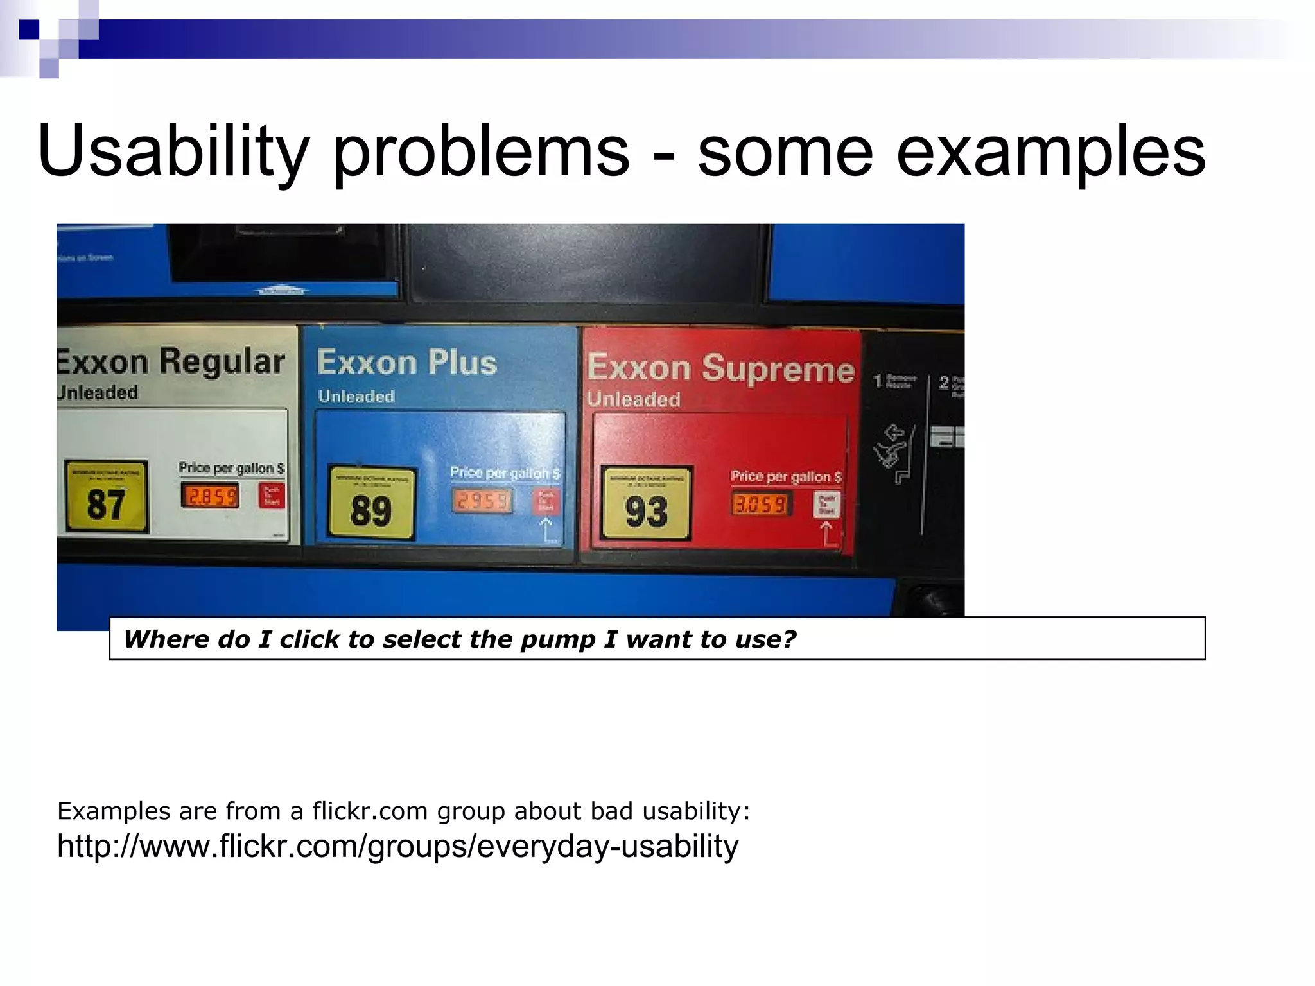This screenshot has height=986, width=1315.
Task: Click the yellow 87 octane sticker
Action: pyautogui.click(x=107, y=496)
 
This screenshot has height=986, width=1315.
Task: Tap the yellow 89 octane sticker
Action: pyautogui.click(x=371, y=503)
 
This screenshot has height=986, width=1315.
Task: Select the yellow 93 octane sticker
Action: pyautogui.click(x=646, y=503)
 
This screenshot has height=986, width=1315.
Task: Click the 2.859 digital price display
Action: pyautogui.click(x=209, y=496)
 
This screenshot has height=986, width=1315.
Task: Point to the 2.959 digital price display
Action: pyautogui.click(x=482, y=501)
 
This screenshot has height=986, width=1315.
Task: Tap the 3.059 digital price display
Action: pyautogui.click(x=760, y=505)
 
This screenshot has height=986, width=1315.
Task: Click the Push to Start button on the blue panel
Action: pyautogui.click(x=546, y=500)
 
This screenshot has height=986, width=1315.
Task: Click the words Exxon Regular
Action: pyautogui.click(x=171, y=362)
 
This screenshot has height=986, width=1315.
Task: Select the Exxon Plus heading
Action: pyautogui.click(x=407, y=363)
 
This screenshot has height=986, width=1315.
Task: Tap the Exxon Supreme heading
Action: pyautogui.click(x=720, y=368)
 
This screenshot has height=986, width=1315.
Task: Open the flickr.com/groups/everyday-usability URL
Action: pyautogui.click(x=398, y=846)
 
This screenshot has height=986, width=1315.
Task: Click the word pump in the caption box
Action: pyautogui.click(x=556, y=639)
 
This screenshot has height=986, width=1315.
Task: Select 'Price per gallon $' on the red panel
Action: pyautogui.click(x=786, y=477)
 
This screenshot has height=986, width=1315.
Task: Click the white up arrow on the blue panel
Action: pyautogui.click(x=546, y=530)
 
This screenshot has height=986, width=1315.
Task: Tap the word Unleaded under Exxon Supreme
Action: pyautogui.click(x=634, y=399)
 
